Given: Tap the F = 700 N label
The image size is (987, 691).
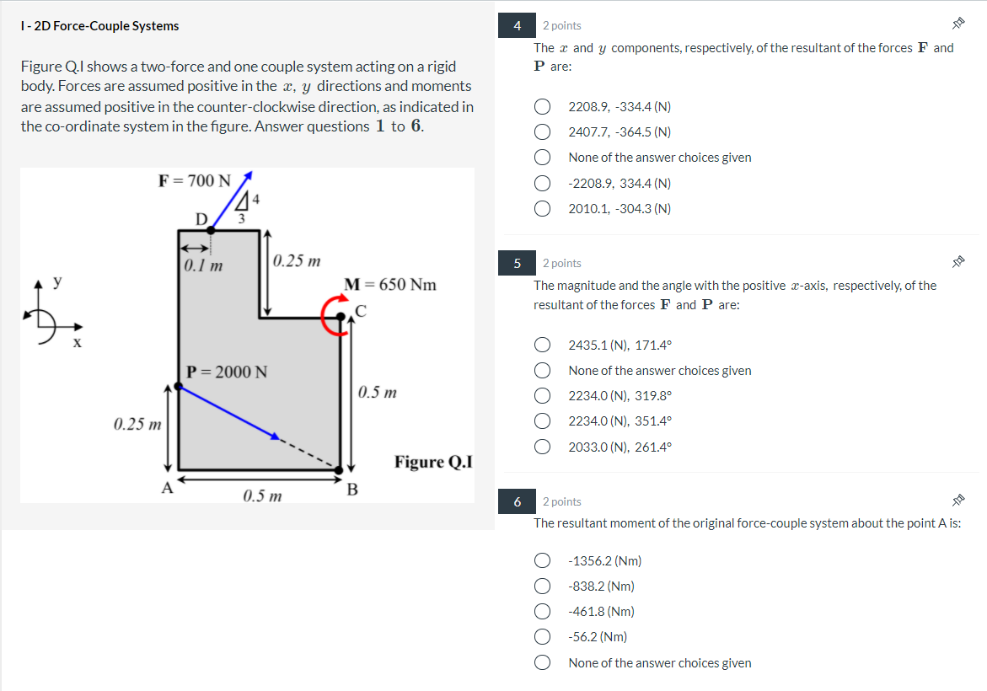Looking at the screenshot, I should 194,180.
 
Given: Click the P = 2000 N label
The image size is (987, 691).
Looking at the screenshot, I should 227,372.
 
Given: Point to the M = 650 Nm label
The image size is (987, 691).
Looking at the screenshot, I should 391,284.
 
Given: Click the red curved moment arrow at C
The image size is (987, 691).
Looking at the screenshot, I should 332,318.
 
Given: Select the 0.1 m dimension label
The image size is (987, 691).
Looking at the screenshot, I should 203,266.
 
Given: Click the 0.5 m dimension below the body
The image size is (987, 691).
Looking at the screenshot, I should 262,495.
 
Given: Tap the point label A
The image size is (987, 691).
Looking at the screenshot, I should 167,487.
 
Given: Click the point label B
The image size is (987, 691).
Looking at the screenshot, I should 352,489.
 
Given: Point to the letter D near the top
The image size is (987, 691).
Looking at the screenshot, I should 201,219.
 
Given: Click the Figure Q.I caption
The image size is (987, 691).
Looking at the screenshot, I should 433,462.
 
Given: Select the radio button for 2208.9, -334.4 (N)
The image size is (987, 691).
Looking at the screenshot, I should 544,107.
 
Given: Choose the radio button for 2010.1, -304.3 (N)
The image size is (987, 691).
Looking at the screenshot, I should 544,209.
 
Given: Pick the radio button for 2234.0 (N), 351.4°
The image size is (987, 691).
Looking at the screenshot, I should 544,421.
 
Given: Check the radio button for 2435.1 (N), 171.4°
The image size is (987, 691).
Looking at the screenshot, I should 544,345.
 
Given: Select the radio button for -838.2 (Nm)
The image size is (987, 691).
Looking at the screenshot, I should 544,587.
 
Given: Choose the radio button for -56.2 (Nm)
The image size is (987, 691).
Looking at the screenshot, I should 544,637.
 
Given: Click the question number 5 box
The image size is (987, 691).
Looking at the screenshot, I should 518,264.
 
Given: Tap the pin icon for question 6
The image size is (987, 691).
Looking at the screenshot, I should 957,501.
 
